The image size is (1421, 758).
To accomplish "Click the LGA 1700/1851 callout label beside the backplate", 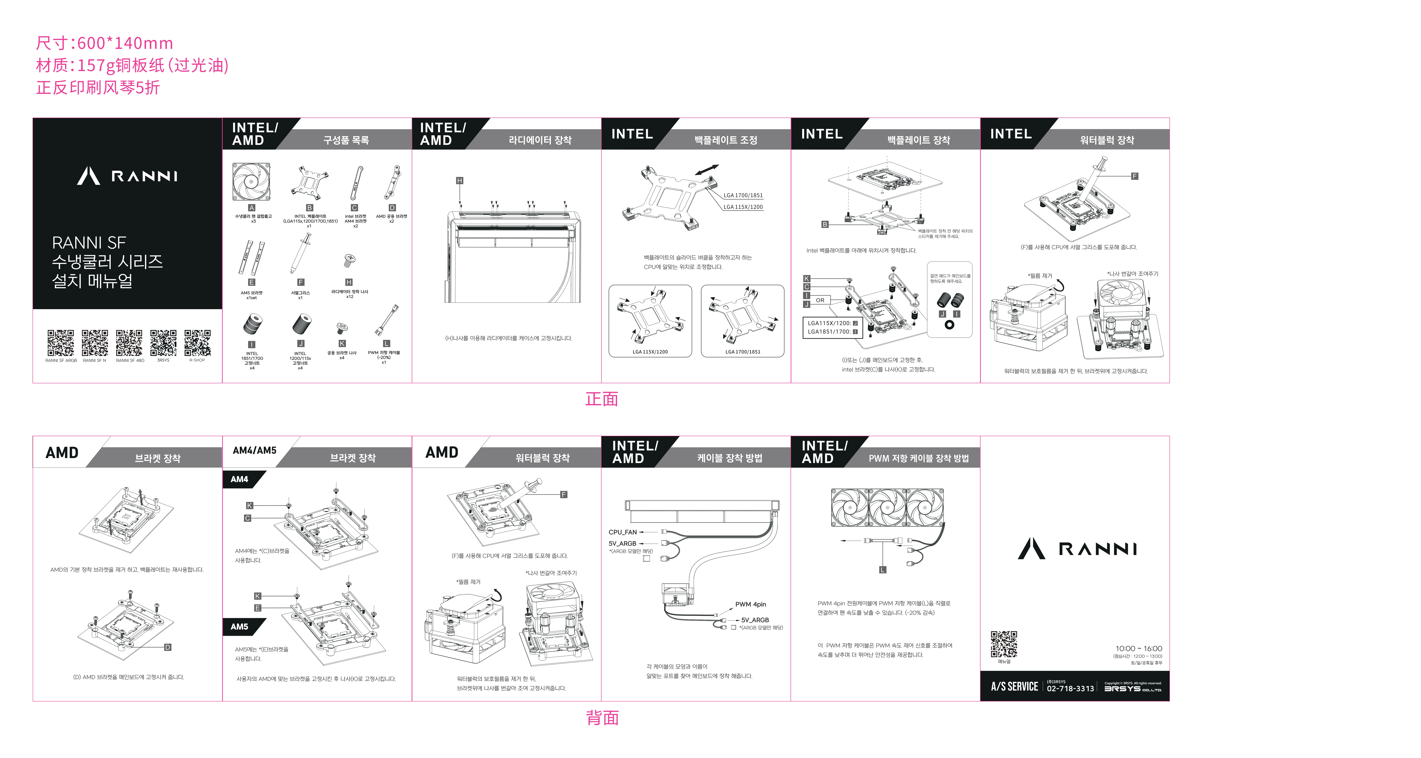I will coord(743,195).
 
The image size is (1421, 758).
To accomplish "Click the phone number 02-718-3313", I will coord(1070,689).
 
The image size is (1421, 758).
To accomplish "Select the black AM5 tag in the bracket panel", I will coord(239,627).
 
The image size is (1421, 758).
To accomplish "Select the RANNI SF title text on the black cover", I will coord(89,243).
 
